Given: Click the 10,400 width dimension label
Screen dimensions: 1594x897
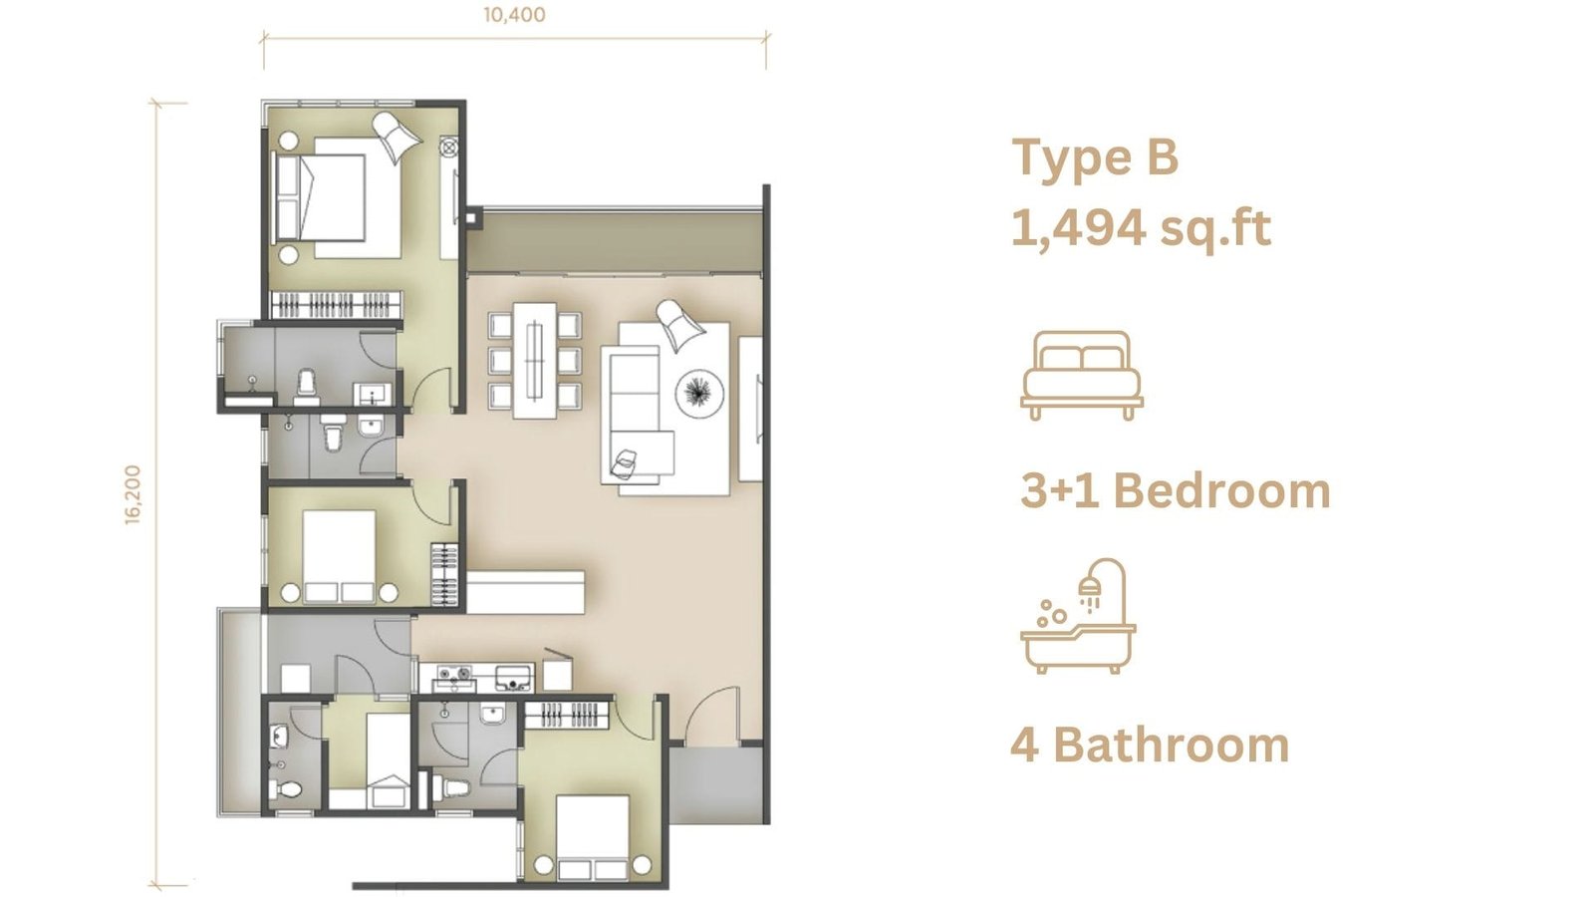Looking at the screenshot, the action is coord(514,15).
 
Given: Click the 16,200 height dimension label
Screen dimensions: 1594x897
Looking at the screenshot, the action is coord(133,495).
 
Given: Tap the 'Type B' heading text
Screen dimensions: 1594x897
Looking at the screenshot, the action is coord(1095,158).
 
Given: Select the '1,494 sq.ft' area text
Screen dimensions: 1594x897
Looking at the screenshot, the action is coord(1141,229).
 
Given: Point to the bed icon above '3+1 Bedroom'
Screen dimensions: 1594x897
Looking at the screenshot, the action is coord(1082,375).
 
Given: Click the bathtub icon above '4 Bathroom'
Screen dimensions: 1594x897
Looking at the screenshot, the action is coord(1078,616).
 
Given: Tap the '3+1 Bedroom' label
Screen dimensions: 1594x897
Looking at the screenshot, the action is coord(1175,491).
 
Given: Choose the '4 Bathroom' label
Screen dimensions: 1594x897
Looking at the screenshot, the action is coord(1150,746).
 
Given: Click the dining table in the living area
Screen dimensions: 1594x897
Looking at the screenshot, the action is coord(534,360).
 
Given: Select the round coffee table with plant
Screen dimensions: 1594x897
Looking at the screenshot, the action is coord(700,393).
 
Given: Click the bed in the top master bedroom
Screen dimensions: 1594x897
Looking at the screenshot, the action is coord(338,197).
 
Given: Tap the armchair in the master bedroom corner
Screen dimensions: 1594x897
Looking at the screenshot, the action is coord(398,137).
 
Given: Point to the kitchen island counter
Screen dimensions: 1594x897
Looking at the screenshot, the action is coord(525,592).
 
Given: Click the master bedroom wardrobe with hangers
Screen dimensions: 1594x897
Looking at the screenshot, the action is coord(337,305).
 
